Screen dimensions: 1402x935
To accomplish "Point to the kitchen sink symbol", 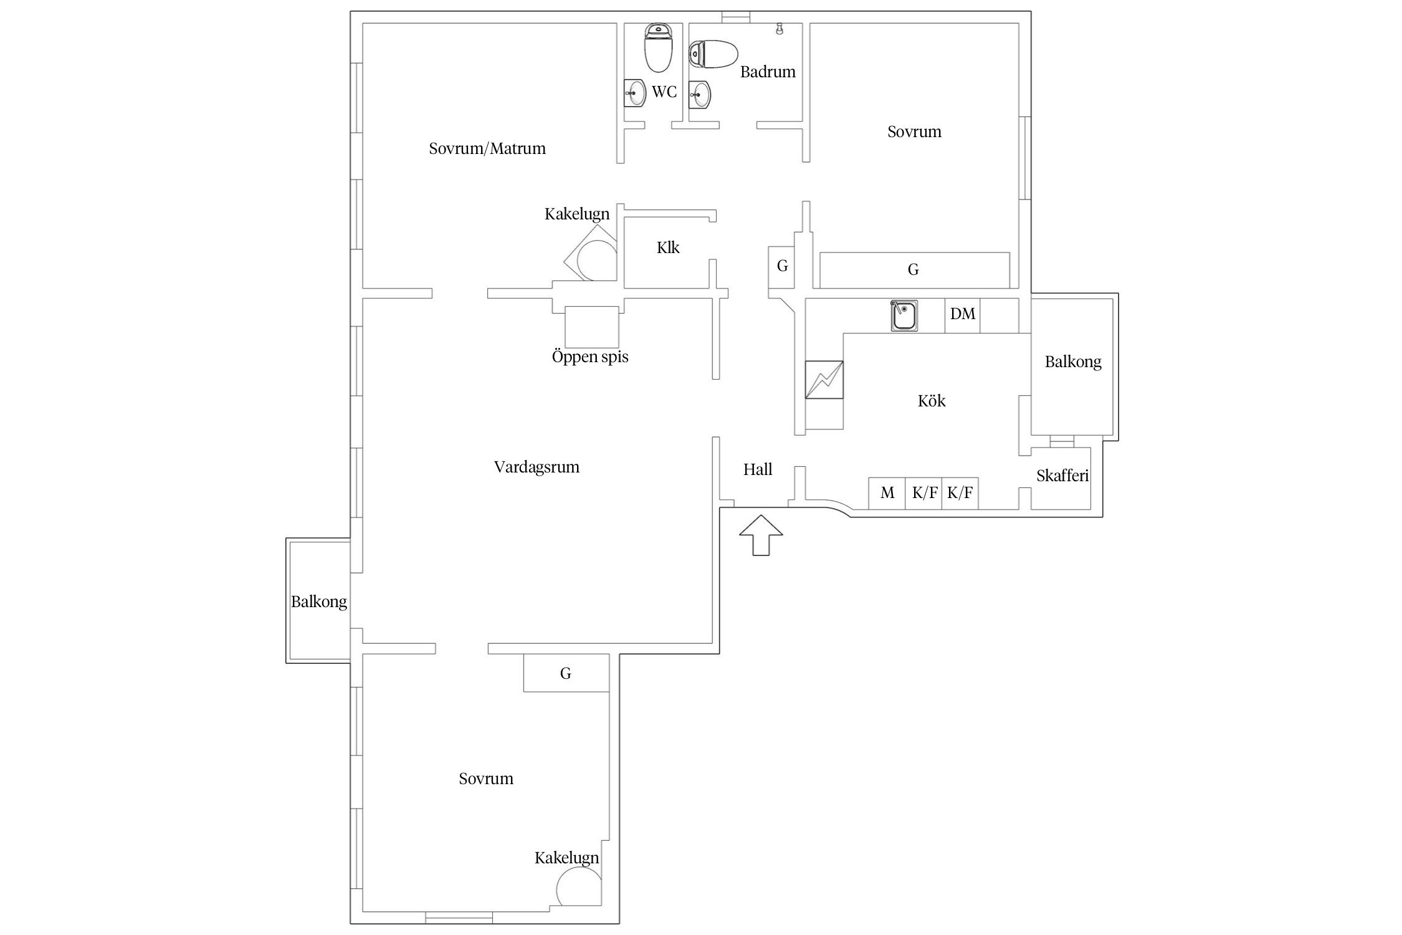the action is [x=904, y=315].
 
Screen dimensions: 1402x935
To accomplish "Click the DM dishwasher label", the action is [x=962, y=314].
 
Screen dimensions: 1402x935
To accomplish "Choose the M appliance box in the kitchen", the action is [x=887, y=493].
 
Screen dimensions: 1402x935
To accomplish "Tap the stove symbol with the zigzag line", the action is [x=824, y=380].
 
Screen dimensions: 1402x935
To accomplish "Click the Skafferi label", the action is [x=1062, y=476].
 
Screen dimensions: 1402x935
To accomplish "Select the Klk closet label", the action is [x=668, y=247].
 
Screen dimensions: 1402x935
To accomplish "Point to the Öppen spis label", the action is [x=590, y=357].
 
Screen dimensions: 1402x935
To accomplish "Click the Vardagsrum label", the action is [x=536, y=467].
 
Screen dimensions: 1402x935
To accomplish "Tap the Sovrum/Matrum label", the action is [x=487, y=148].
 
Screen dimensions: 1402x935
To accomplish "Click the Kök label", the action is [x=932, y=401].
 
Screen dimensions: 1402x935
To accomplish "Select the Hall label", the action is [x=758, y=469].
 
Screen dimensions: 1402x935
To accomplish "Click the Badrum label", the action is [x=768, y=72].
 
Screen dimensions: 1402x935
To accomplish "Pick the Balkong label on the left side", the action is [x=319, y=602].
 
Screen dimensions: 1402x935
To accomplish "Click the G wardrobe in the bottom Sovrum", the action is [x=566, y=673].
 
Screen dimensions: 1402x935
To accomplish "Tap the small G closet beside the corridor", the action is [x=782, y=267].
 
